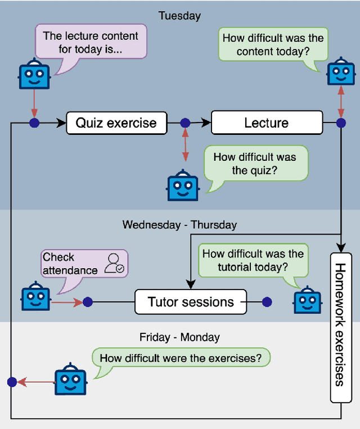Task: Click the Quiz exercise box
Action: pos(116,123)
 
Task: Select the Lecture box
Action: pos(267,123)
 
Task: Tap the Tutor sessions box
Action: pos(191,302)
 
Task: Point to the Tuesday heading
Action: pos(179,16)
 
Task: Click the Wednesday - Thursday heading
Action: pos(179,225)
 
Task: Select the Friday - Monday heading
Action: pos(179,337)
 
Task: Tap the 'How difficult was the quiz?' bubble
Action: pos(255,163)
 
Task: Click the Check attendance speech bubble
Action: pos(84,264)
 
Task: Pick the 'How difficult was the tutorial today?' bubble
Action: pos(253,260)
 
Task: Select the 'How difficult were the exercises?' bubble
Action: pos(181,358)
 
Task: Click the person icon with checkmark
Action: pos(115,263)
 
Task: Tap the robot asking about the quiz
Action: pos(183,185)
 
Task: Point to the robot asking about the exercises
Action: pos(70,382)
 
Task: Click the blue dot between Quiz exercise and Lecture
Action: pos(184,123)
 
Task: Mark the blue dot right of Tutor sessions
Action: pos(267,302)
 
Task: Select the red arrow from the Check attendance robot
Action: pos(67,302)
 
